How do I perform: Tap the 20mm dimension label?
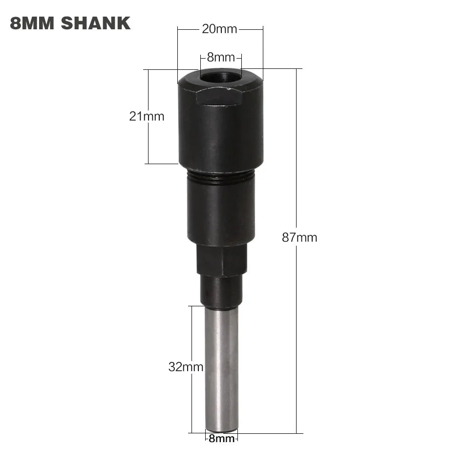219,29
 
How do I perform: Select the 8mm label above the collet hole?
221,57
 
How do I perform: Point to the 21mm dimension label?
147,116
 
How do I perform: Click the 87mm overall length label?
299,238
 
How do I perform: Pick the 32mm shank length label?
186,367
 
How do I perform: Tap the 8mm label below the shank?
221,439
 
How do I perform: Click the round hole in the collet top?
220,77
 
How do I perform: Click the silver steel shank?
221,366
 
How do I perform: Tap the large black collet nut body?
220,132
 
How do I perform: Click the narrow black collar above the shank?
221,292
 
